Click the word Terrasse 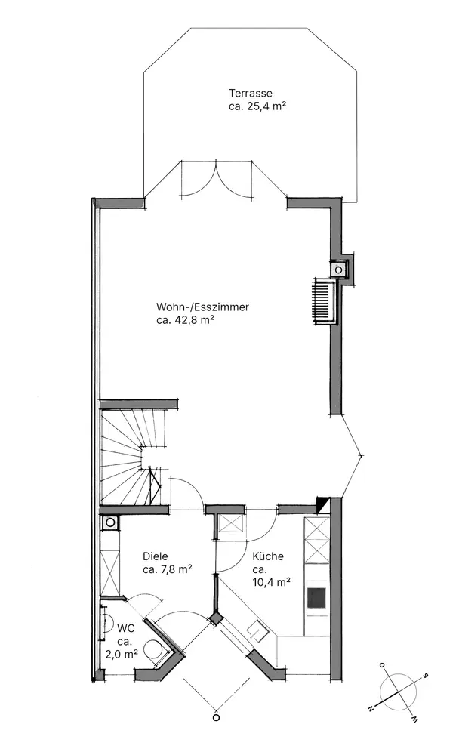pyautogui.click(x=250, y=94)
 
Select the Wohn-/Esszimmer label pyautogui.click(x=202, y=307)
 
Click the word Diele pyautogui.click(x=155, y=556)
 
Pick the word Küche pyautogui.click(x=268, y=556)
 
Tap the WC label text pyautogui.click(x=126, y=628)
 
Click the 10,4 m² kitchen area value pyautogui.click(x=271, y=582)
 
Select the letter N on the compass pyautogui.click(x=371, y=709)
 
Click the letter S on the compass pyautogui.click(x=424, y=675)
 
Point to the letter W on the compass pyautogui.click(x=414, y=719)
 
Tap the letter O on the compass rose pyautogui.click(x=382, y=665)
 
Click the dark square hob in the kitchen pyautogui.click(x=317, y=597)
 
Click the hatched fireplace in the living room pyautogui.click(x=323, y=301)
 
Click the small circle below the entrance pyautogui.click(x=216, y=717)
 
